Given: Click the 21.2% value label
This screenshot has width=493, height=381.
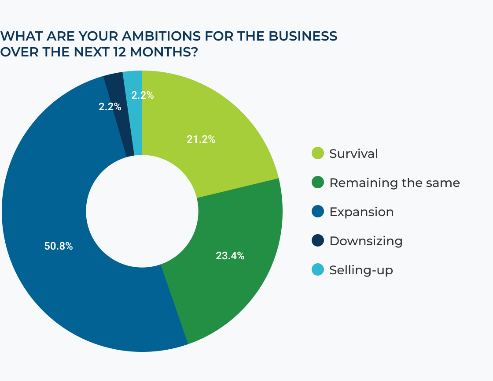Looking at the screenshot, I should coord(201,140).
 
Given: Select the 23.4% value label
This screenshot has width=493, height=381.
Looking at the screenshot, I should coord(230,256).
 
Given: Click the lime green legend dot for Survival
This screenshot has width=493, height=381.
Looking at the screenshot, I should coord(317,153).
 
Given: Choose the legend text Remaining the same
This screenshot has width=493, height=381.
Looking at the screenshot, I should coord(394,183).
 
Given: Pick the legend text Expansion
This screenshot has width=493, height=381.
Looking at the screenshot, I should coord(361,212).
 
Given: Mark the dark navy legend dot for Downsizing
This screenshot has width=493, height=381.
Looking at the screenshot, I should coord(317,241).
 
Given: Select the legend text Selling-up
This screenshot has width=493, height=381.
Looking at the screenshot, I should coord(361,270).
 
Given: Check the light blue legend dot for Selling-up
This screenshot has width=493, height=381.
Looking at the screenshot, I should coord(317,270).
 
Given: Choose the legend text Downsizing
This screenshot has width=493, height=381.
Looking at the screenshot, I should coord(366,241).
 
